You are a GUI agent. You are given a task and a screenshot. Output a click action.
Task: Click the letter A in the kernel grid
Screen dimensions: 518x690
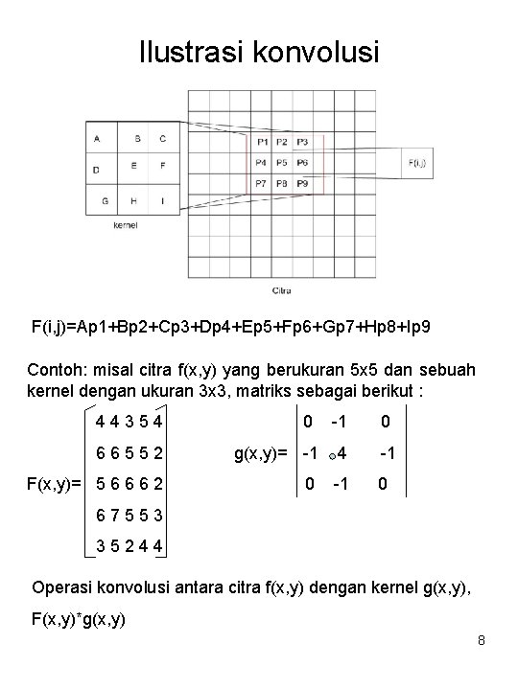[97, 138]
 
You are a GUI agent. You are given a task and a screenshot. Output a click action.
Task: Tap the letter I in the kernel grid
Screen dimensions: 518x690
[162, 200]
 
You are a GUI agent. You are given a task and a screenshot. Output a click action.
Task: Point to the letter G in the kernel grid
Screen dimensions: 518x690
[104, 200]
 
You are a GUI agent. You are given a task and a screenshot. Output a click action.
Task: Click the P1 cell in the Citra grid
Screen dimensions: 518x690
[261, 142]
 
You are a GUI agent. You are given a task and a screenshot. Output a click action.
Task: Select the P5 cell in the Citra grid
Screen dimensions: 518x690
[281, 163]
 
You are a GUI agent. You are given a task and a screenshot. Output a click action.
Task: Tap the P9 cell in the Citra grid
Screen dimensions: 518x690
[301, 183]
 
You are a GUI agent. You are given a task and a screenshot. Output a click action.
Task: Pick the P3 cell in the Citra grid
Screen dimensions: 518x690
[301, 142]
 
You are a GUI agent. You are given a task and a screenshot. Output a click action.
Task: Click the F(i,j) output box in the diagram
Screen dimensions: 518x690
[418, 163]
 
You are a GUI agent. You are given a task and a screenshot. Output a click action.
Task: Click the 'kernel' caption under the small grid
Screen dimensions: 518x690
[126, 226]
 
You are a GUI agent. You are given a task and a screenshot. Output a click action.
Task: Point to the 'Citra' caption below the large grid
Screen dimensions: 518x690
[281, 289]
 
